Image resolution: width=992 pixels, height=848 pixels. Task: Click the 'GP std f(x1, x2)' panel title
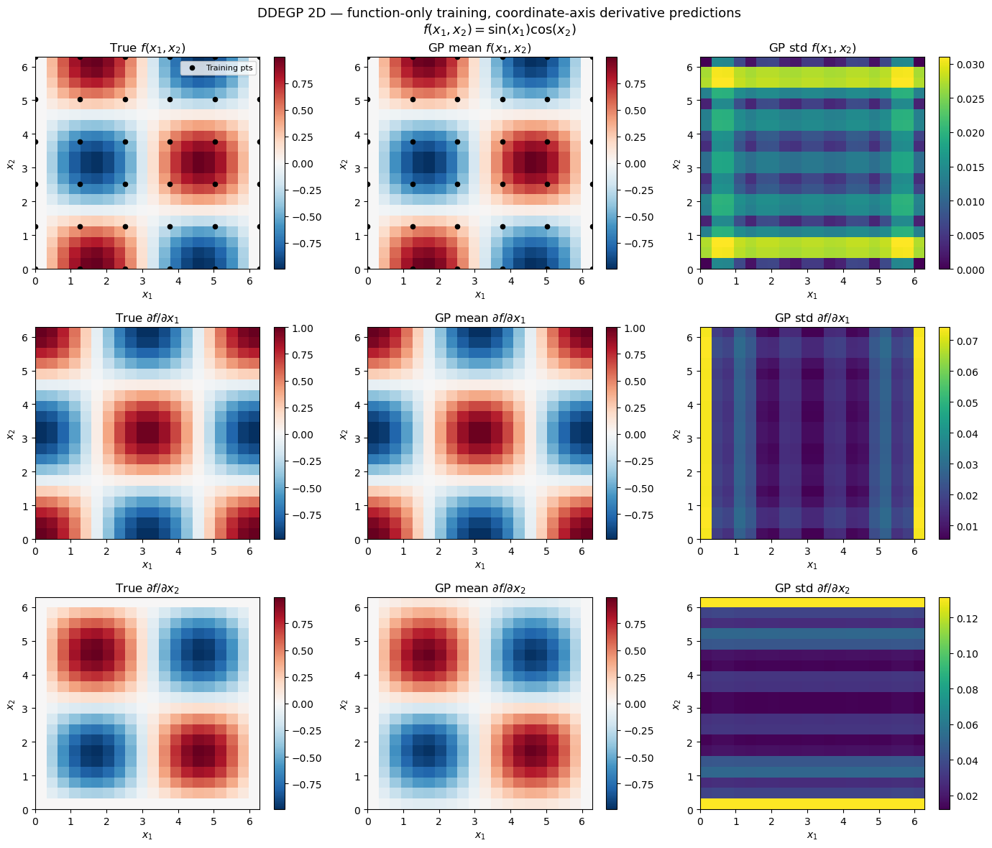tap(812, 48)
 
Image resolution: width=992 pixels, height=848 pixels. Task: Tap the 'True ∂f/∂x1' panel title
tap(147, 318)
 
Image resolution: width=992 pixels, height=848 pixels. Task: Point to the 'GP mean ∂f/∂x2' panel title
tap(479, 589)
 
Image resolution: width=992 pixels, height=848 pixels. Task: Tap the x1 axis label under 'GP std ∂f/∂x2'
tap(812, 835)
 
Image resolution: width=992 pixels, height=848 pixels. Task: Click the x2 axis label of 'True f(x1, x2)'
tap(10, 164)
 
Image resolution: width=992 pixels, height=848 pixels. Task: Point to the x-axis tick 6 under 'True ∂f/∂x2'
tap(249, 821)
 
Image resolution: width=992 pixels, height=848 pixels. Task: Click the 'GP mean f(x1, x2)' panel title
tap(479, 48)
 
